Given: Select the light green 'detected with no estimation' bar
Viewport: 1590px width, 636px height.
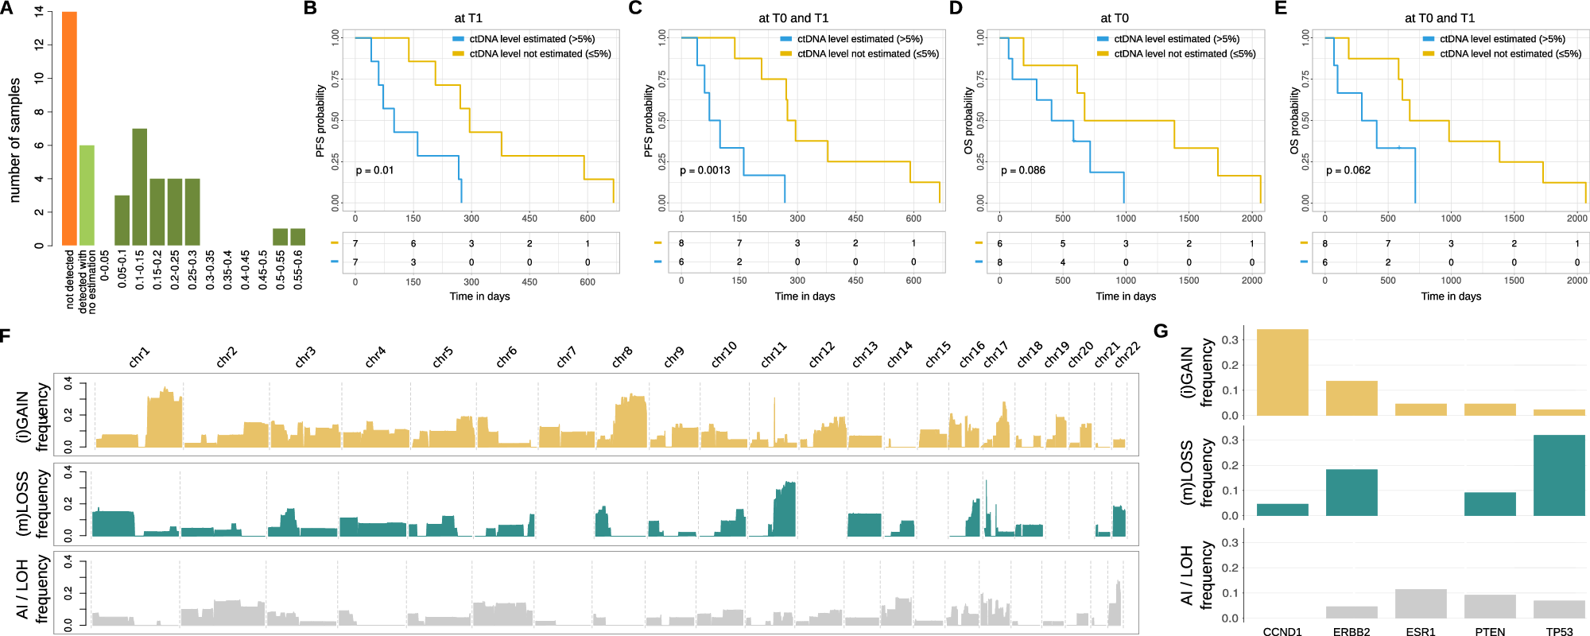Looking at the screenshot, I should [87, 196].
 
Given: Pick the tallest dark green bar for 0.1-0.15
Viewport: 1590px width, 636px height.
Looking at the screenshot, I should [139, 187].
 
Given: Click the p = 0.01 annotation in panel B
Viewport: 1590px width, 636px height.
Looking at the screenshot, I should [374, 170].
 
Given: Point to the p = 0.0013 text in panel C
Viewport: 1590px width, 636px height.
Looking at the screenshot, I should [704, 170].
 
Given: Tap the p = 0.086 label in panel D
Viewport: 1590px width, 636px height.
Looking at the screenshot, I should [1022, 170].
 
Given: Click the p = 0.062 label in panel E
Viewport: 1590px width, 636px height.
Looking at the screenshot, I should [1348, 170].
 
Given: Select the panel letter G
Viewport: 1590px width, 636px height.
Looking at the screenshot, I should [1161, 331].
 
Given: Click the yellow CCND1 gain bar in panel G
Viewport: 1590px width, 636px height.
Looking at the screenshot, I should [1282, 372].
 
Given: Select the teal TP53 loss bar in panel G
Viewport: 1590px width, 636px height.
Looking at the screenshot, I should [1559, 475].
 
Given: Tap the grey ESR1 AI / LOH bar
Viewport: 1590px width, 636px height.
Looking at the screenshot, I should [1421, 603].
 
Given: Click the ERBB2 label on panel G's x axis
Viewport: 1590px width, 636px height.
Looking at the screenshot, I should [1351, 631].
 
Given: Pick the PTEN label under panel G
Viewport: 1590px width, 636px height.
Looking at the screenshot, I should [1490, 631].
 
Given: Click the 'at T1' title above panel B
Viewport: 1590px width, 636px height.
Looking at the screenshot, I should [468, 18].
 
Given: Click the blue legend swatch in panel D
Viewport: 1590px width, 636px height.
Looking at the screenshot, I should [1102, 39].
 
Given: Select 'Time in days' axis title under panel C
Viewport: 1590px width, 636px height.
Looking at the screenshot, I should [805, 296].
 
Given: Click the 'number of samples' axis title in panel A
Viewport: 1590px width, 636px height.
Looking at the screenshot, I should [14, 140].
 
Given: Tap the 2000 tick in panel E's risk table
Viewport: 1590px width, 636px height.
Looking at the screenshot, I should [1576, 281].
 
